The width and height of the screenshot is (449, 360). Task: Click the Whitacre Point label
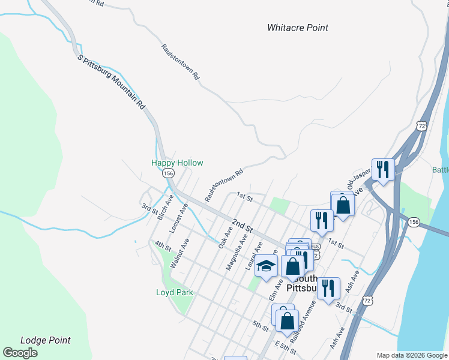point(298,28)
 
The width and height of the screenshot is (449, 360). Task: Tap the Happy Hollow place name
point(177,163)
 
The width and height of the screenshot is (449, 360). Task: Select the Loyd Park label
point(175,292)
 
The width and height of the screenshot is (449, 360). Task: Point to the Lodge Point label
point(45,340)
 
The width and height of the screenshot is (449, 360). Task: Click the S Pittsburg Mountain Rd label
point(112,82)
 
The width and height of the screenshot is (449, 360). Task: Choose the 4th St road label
point(163,245)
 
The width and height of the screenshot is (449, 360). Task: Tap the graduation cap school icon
point(266,266)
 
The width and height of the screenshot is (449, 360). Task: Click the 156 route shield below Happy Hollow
point(168,173)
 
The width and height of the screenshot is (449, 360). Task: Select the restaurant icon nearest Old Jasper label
point(382,169)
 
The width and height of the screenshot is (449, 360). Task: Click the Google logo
point(20,353)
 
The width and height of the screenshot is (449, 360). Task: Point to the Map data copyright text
point(411,355)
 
